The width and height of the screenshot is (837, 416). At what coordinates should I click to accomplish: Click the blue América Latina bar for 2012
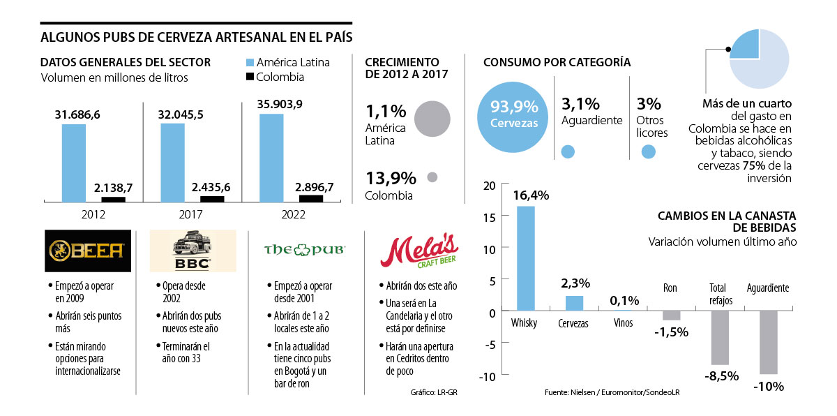coord(74,163)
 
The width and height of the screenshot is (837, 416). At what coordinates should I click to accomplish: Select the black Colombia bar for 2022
coord(311,198)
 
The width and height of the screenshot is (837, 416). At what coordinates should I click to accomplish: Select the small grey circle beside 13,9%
coord(432,177)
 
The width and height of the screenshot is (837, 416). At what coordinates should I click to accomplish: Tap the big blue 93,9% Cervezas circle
coord(514,114)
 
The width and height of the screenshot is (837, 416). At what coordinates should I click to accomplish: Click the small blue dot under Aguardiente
coord(568,151)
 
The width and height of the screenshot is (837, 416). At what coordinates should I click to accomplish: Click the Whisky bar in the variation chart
coord(525,258)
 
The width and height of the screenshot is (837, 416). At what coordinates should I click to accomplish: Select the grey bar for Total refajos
coord(720,338)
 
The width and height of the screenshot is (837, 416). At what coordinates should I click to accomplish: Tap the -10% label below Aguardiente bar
coord(768,386)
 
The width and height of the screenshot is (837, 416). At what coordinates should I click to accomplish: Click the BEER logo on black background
coord(87,251)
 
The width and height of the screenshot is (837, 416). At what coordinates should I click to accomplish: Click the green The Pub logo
coord(304,250)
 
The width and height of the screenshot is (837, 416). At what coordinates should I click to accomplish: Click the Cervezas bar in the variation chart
coord(575,304)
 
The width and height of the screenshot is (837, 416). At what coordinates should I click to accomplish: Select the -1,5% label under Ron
coord(671,332)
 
